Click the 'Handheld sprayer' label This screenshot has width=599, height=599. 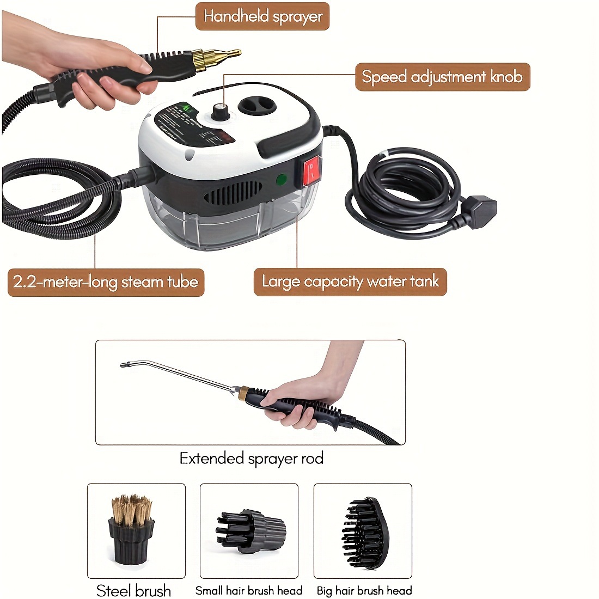pos(262,16)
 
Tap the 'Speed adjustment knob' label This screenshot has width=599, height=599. pos(442,77)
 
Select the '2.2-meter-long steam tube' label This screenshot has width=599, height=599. pos(106,282)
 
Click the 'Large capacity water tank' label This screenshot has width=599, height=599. pos(350,282)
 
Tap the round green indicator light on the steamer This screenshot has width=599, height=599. pos(282,179)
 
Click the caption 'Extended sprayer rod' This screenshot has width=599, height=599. pos(252,459)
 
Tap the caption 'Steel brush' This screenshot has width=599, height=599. pos(133,591)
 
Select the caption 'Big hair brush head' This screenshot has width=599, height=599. pos(364,591)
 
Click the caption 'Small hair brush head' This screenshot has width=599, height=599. pos(249,591)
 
